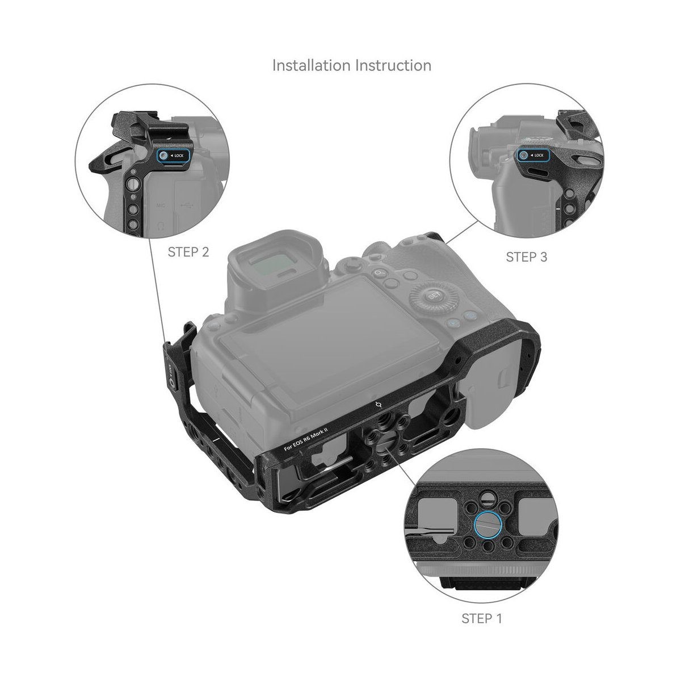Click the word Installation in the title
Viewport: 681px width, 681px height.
(311, 65)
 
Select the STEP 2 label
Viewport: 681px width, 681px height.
(188, 252)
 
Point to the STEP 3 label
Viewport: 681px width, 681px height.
(526, 257)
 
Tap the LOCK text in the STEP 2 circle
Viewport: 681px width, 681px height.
(179, 155)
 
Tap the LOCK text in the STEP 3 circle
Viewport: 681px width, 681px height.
(539, 155)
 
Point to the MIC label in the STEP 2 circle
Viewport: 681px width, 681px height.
(161, 205)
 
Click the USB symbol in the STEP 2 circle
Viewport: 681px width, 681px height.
(187, 205)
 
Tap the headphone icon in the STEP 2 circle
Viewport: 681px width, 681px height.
(161, 225)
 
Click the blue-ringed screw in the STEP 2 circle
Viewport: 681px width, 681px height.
(163, 155)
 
